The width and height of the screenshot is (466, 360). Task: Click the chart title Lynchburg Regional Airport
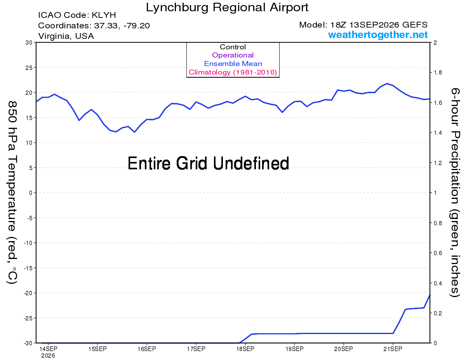point(227,8)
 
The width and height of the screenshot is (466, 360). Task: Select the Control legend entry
point(233,47)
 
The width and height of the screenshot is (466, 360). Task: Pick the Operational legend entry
point(233,55)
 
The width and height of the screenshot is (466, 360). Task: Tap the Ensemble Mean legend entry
point(233,64)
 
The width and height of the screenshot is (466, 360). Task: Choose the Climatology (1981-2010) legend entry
point(233,72)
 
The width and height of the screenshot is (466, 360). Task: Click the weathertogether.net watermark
point(378,35)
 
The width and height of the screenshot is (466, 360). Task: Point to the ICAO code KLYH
point(104,15)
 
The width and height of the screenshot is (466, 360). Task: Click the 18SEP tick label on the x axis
point(245,349)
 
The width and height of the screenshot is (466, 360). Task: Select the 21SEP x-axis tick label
point(393,349)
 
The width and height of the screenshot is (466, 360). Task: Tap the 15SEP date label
point(97,349)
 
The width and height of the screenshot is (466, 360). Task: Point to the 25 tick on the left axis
point(29,68)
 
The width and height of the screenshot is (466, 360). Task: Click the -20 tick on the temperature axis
point(28,293)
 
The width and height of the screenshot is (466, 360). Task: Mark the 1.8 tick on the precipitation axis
point(438,73)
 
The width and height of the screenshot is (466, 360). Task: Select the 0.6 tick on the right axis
point(438,253)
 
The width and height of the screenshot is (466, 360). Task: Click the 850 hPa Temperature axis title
point(12,193)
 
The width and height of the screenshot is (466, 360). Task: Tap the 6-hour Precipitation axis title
point(455,193)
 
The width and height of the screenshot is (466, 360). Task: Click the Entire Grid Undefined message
point(208,163)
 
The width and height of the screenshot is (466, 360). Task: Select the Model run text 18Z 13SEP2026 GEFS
point(379,25)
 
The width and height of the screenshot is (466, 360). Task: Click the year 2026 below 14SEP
point(48,356)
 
